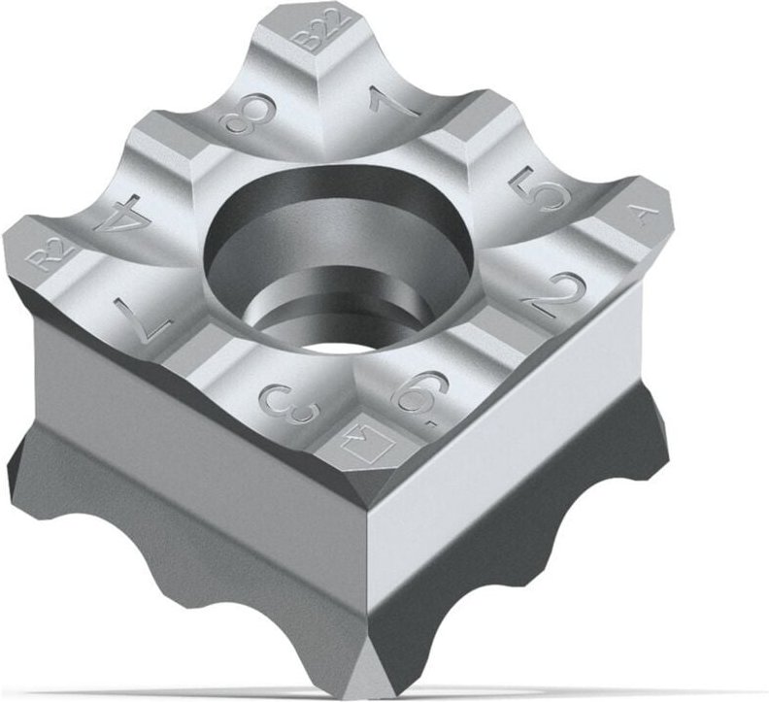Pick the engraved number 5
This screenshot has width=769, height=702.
tap(537, 189)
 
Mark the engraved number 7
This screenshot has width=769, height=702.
tap(143, 314)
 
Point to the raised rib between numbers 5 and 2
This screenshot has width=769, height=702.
tap(573, 238)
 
